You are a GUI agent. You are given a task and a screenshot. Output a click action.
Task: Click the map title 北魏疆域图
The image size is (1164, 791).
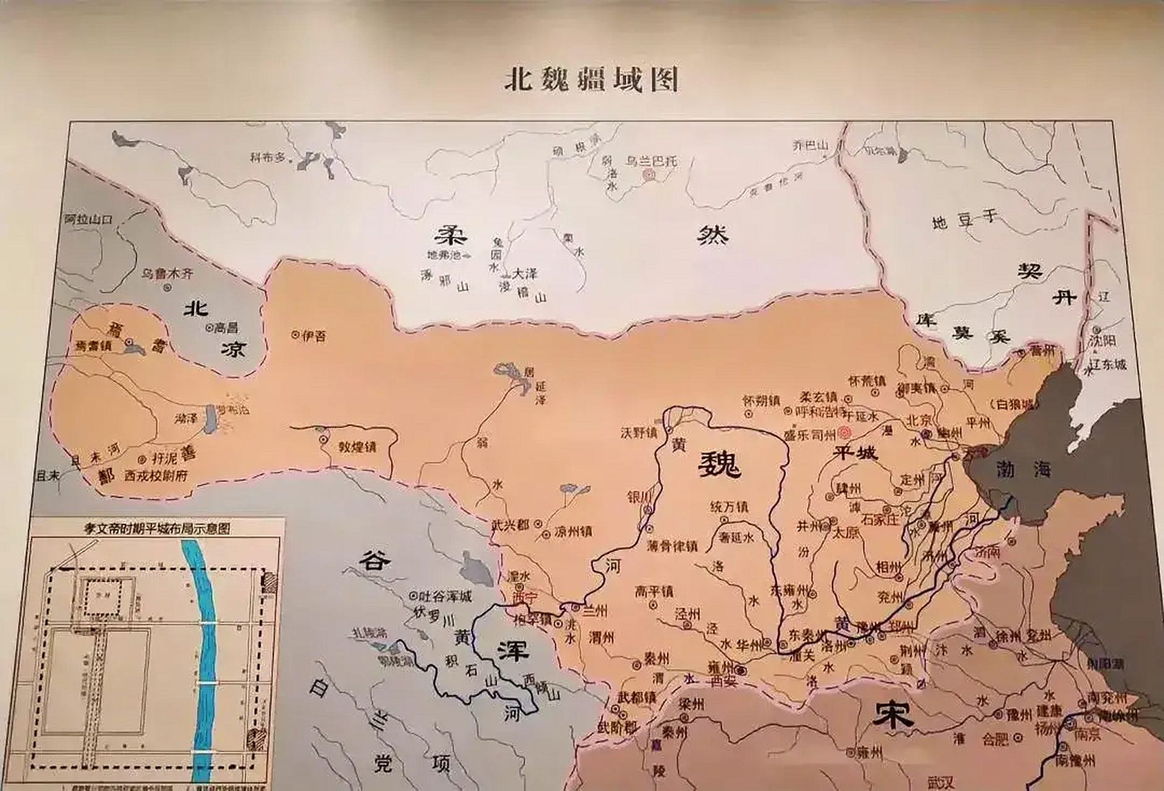coord(591,80)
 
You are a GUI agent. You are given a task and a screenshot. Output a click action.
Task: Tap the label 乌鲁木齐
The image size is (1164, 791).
coord(168,273)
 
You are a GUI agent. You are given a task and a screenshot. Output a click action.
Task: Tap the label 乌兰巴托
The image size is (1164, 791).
coord(651,161)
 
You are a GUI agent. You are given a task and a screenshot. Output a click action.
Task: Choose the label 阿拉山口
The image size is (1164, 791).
coord(90,219)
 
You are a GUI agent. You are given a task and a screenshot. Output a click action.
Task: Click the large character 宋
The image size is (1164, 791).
coord(893,715)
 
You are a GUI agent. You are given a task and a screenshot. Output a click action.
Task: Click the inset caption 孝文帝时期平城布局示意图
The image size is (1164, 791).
coord(157,528)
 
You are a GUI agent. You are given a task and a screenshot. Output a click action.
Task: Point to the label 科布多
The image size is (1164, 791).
coord(269,158)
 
